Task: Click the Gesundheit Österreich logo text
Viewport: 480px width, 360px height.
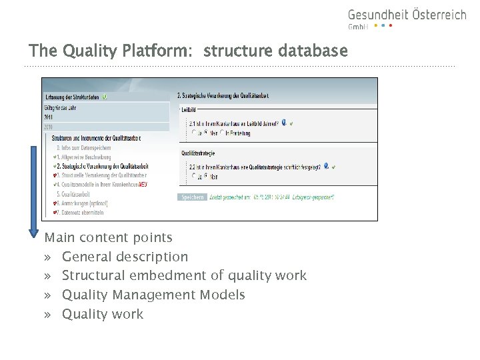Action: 407,15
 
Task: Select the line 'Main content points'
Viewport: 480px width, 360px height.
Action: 108,237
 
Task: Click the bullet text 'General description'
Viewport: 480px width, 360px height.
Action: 125,257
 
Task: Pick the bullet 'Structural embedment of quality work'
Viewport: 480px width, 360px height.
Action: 184,275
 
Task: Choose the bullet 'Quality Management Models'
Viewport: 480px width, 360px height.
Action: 153,295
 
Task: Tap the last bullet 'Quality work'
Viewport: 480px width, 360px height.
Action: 102,314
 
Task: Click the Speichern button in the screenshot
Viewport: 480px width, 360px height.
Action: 192,197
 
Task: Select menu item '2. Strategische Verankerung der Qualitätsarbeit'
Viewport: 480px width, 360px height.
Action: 102,165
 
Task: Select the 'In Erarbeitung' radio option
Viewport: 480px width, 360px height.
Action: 238,133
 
